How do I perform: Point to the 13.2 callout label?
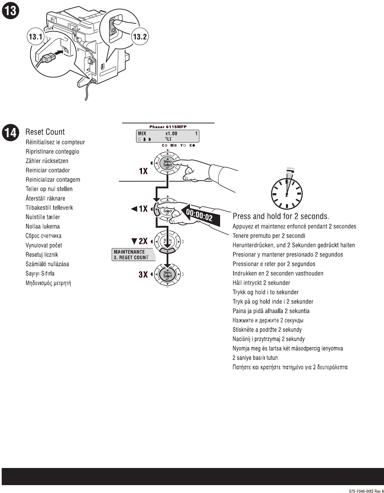tap(140, 37)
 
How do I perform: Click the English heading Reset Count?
tap(45, 132)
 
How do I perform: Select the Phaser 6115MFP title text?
tap(168, 127)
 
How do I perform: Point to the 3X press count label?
tap(143, 274)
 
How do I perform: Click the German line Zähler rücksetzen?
tap(47, 161)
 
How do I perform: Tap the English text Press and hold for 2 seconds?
tap(281, 216)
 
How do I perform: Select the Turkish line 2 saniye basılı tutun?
tap(255, 358)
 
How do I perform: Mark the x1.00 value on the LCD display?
tap(171, 134)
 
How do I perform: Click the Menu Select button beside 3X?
tap(168, 274)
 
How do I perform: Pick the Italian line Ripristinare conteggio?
tap(52, 152)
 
